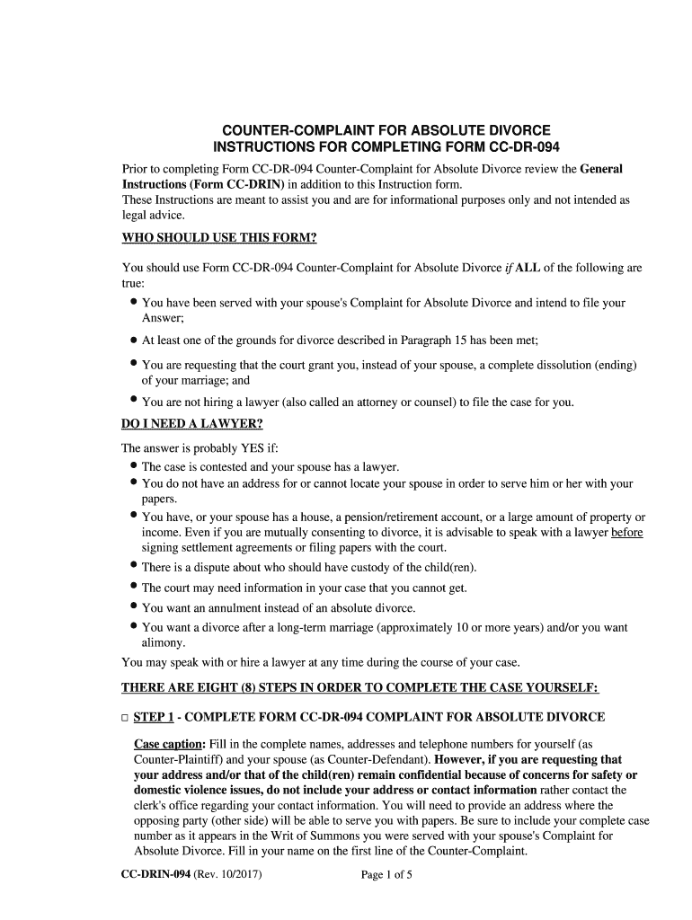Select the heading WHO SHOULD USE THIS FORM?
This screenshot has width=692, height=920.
click(219, 238)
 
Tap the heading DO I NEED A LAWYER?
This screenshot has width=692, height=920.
click(192, 424)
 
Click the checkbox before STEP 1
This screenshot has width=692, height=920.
click(125, 718)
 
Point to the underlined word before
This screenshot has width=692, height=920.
click(626, 533)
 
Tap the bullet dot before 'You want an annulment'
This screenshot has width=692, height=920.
click(133, 606)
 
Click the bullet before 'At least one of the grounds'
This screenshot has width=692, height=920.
click(133, 341)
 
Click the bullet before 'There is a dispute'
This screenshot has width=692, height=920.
click(133, 566)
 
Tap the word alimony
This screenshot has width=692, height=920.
click(163, 643)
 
